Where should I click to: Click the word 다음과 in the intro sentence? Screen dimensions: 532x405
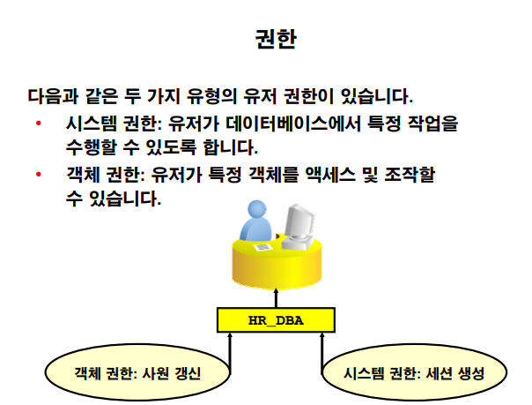tap(50, 94)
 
